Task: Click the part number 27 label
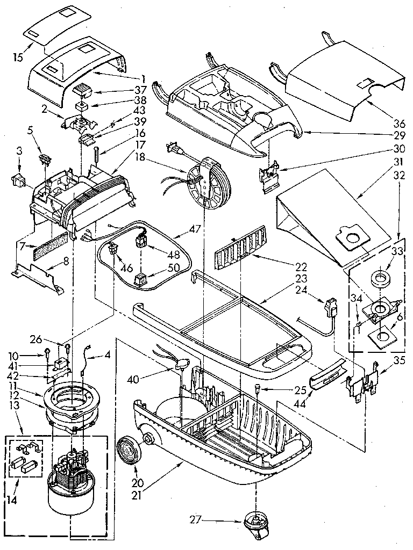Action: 195,519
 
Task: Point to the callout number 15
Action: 18,57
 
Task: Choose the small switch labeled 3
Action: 18,181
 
